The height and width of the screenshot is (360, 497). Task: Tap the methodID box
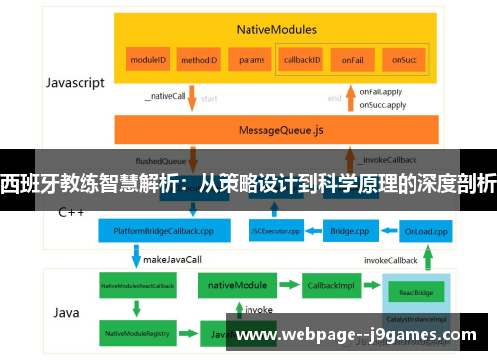[199, 60]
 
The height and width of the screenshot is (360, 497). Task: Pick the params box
[251, 60]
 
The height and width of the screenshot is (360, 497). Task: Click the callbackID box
[302, 60]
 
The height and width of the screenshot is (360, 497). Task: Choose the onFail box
[353, 60]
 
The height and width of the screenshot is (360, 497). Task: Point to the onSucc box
[404, 60]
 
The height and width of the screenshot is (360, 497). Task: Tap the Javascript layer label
[75, 83]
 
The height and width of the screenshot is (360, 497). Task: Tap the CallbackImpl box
[330, 285]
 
